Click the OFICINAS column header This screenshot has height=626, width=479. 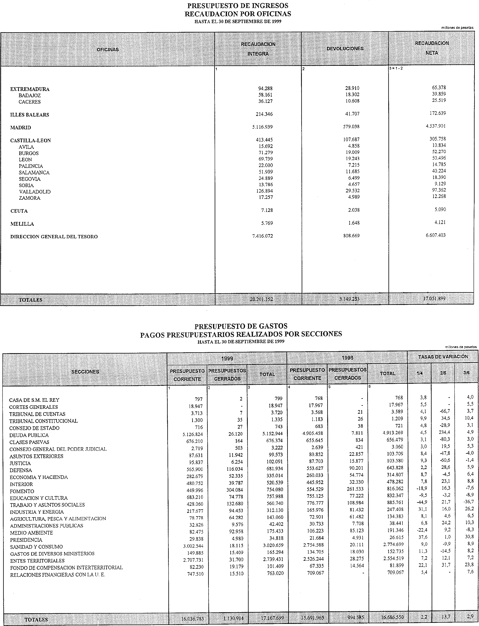point(108,50)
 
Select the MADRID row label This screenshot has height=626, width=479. point(21,128)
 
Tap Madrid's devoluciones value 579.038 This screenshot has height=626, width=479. point(351,127)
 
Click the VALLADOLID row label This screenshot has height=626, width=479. point(35,192)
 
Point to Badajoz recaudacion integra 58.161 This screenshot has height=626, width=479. point(265,95)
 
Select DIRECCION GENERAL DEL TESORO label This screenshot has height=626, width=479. point(54,237)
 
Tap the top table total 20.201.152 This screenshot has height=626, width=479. point(261,299)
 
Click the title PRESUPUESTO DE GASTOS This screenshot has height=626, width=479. point(241,326)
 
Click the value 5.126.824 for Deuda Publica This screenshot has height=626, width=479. point(193,434)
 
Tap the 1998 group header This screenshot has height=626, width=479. point(347,358)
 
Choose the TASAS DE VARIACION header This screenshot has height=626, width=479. point(443,357)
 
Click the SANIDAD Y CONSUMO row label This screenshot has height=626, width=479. point(36,547)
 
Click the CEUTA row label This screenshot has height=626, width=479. point(19,211)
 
